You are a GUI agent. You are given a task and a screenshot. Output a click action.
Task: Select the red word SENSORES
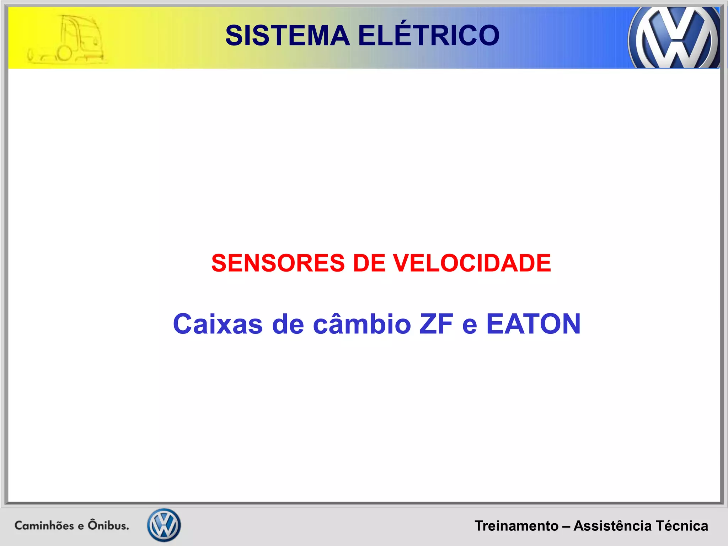(x=278, y=263)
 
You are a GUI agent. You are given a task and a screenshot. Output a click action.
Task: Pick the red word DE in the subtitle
(x=369, y=263)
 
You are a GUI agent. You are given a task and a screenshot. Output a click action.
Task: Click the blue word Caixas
(x=218, y=324)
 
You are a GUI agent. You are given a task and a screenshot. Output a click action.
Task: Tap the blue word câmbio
(x=362, y=324)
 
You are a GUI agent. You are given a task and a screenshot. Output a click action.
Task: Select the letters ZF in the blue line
(x=436, y=324)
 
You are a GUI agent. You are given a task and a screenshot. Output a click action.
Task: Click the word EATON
(x=533, y=324)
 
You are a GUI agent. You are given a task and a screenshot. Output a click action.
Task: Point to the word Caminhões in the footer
(x=44, y=525)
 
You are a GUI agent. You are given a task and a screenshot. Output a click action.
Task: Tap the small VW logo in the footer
(x=164, y=525)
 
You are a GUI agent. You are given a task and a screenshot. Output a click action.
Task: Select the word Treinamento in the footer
(x=516, y=526)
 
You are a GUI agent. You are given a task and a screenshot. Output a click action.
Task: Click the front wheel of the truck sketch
(x=64, y=54)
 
